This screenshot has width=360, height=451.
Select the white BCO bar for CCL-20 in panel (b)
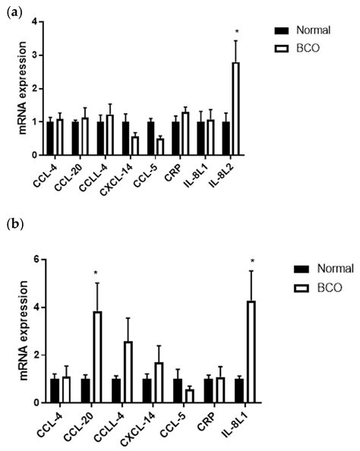96,357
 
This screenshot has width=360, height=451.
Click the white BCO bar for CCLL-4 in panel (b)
128,372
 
